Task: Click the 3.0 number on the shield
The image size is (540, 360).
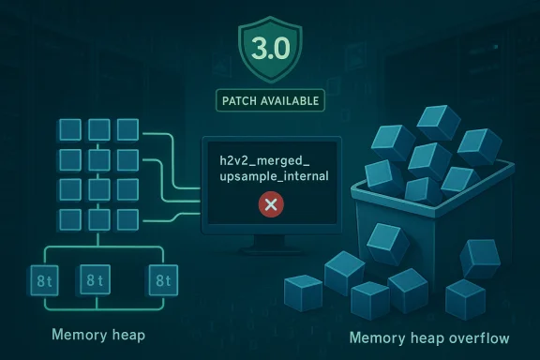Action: pyautogui.click(x=270, y=45)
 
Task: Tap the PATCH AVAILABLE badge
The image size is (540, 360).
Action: pyautogui.click(x=270, y=99)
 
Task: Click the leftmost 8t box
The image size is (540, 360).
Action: pyautogui.click(x=42, y=279)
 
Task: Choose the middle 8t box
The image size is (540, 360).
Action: pyautogui.click(x=94, y=279)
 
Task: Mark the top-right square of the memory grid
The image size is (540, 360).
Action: pyautogui.click(x=127, y=129)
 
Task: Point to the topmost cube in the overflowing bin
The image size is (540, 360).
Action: pyautogui.click(x=437, y=123)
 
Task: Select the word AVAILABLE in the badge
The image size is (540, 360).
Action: pyautogui.click(x=289, y=99)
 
